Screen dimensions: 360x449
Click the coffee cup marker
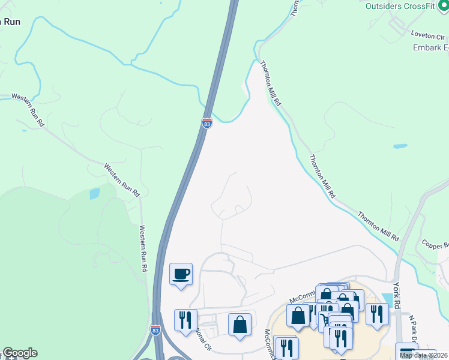point(181,275)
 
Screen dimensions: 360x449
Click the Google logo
point(19,353)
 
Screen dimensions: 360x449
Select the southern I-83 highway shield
point(155,330)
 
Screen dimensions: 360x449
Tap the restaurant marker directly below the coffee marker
point(185,320)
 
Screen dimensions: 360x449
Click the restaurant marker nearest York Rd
point(376,315)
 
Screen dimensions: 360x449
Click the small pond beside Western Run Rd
point(94,193)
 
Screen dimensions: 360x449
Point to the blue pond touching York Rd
point(387,299)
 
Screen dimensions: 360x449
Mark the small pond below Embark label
point(400,146)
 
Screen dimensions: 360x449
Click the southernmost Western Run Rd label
point(143,248)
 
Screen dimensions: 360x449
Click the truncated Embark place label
point(430,48)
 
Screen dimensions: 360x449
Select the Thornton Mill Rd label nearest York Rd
point(378,226)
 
